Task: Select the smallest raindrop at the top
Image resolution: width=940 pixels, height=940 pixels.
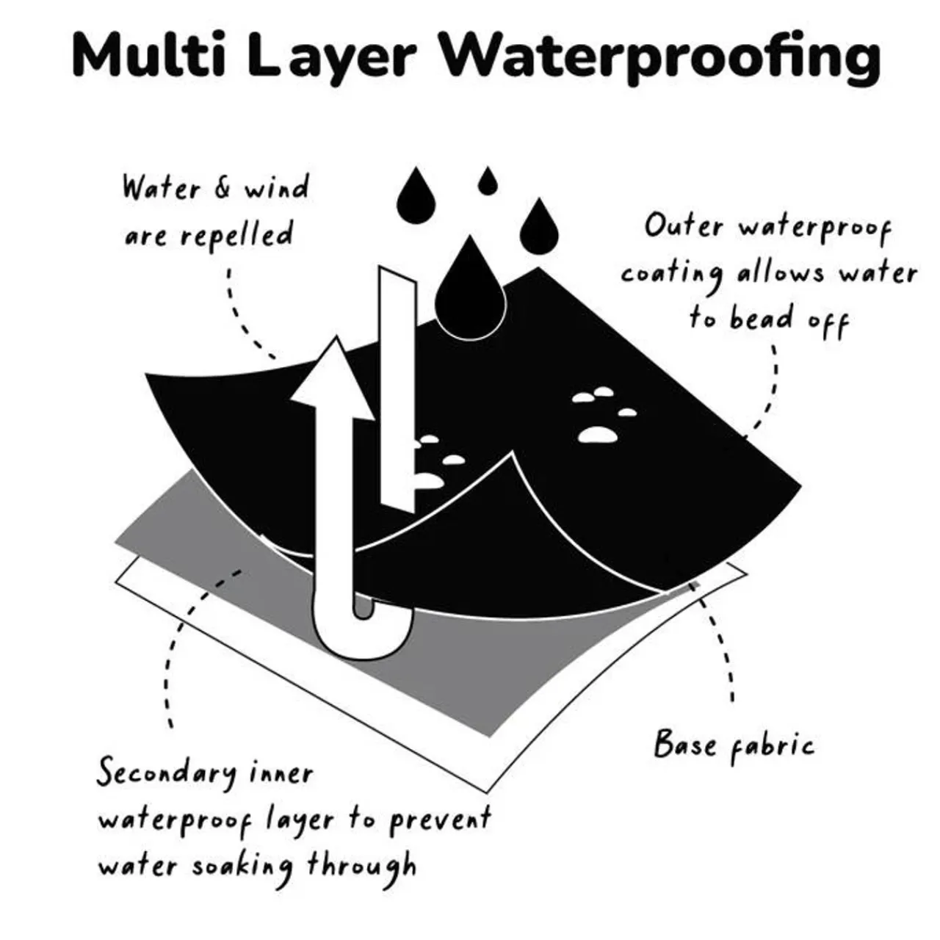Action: tap(487, 181)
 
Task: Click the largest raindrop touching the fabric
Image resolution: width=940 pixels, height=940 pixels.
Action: tap(470, 286)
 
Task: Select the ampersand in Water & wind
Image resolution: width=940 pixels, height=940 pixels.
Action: tap(222, 188)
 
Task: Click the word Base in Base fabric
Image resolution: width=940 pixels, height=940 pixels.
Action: tap(684, 743)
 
